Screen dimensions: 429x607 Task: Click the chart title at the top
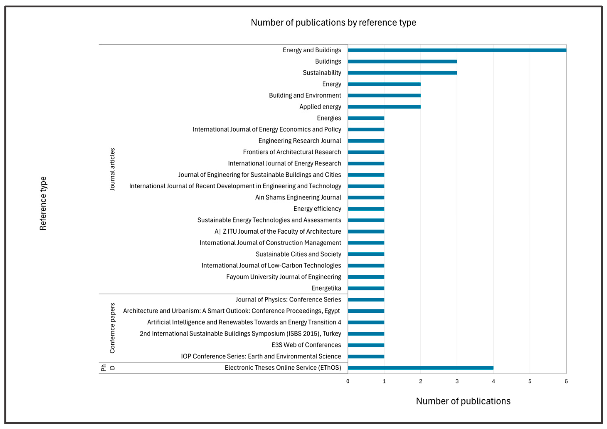pos(333,23)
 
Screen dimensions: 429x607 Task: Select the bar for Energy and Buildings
pos(457,50)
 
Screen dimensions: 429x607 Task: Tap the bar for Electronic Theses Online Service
pos(420,368)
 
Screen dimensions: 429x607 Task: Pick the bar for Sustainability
pos(402,73)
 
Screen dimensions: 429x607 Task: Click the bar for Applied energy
pos(384,107)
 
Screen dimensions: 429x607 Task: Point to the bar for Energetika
pos(366,288)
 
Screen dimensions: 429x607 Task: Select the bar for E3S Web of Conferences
pos(366,345)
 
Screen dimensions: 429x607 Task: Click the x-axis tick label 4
pos(493,381)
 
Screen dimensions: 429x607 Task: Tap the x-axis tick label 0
pos(348,381)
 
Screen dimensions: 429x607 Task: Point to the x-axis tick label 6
pos(566,381)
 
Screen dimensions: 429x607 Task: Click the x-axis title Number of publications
pos(463,401)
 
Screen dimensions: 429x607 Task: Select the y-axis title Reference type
pos(43,203)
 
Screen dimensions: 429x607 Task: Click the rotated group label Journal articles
pos(112,169)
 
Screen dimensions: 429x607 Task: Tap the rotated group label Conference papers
pos(112,328)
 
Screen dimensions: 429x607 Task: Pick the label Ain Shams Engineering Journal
pos(298,197)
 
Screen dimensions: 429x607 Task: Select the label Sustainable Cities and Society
pos(298,254)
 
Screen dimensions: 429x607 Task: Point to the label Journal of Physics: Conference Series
pos(288,299)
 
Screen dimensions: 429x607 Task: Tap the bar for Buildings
pos(402,62)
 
